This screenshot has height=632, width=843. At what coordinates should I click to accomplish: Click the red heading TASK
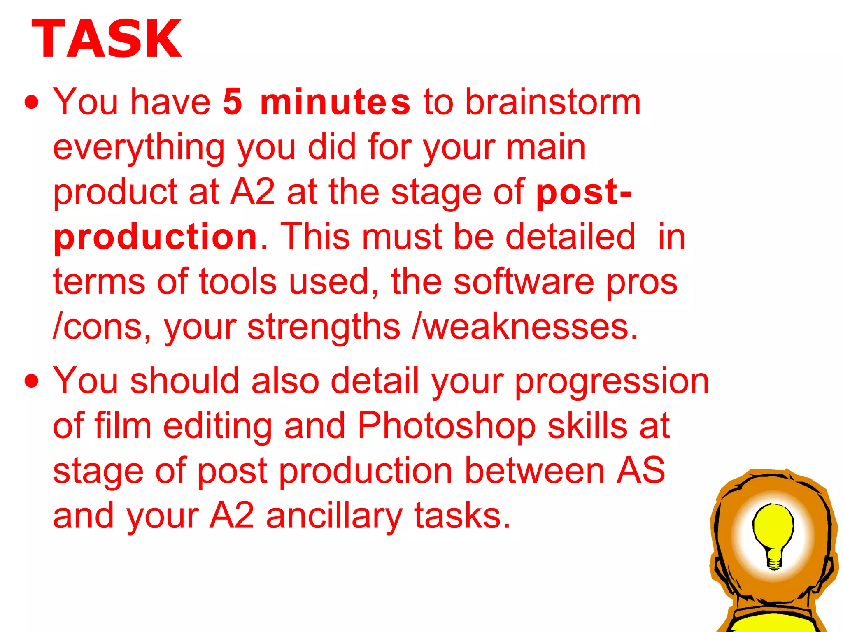click(106, 39)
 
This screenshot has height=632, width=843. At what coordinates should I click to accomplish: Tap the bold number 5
click(233, 102)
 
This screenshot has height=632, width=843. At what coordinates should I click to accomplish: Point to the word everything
click(139, 148)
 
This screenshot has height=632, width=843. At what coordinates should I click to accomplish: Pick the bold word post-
click(583, 192)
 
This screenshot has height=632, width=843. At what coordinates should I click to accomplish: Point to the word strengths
click(324, 327)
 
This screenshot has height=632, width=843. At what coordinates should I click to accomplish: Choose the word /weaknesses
click(525, 327)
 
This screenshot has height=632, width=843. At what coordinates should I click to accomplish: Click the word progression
click(612, 381)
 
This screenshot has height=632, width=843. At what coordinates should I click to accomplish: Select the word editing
click(218, 427)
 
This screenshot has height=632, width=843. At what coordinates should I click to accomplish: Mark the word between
click(535, 471)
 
